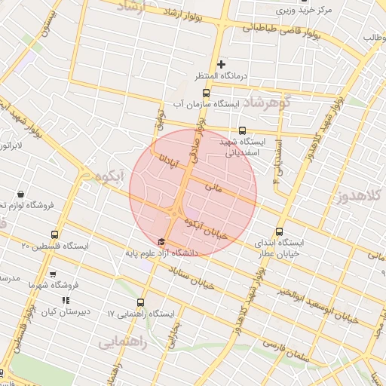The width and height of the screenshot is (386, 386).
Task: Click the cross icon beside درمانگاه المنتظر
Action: coord(221,64)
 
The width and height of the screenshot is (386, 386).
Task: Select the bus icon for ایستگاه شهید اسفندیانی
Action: coord(242,130)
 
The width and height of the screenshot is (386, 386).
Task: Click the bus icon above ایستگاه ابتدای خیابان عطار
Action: coord(280,232)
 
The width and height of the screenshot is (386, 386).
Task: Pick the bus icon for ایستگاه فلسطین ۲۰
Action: coord(54,234)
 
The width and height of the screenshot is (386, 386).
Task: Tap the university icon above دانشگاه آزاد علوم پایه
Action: coord(161,242)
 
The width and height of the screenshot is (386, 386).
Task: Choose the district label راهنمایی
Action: coord(122,342)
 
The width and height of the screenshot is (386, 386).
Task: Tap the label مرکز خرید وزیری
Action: coord(302,11)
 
